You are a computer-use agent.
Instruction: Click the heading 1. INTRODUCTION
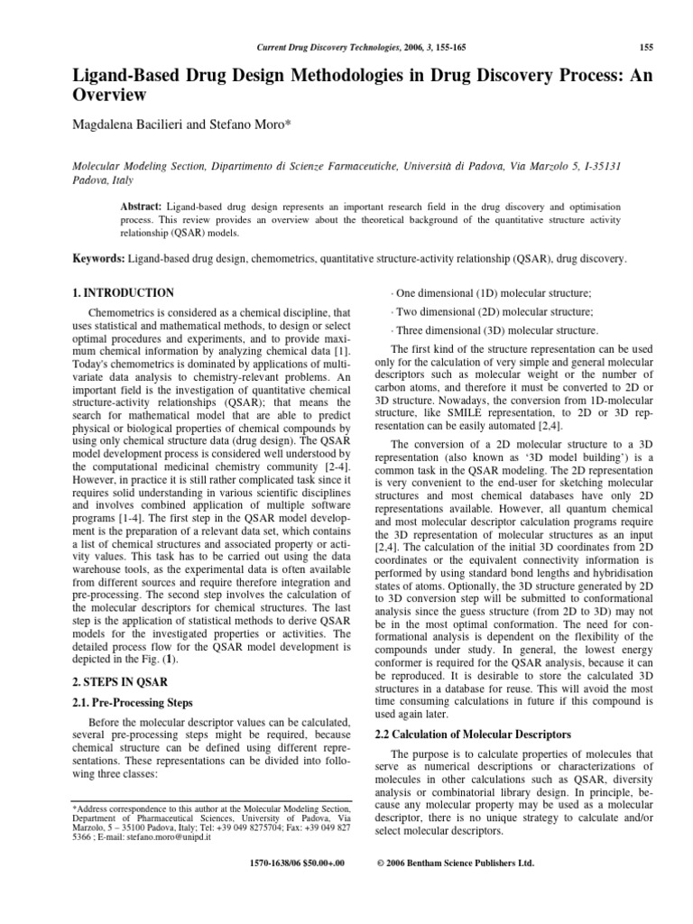click(123, 293)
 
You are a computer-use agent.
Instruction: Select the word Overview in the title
click(109, 94)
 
